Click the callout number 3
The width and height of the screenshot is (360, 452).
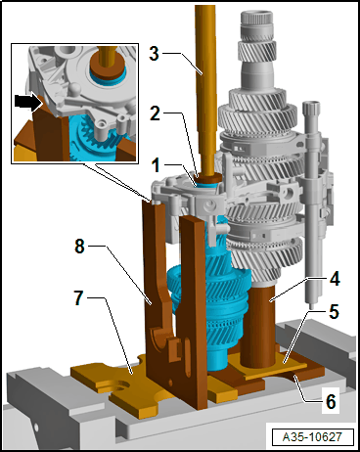point(155,54)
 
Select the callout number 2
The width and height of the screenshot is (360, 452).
point(155,113)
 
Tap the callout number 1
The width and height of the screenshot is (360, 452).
point(156,165)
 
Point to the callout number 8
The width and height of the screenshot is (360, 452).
point(80,246)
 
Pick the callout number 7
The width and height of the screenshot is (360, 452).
point(79,297)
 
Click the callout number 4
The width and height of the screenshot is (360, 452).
point(335,279)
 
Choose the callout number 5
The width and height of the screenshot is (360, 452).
point(334,312)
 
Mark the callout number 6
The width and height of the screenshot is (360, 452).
point(331,402)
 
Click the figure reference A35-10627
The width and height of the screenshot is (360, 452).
point(312,436)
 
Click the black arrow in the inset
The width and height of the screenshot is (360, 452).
point(28,103)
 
